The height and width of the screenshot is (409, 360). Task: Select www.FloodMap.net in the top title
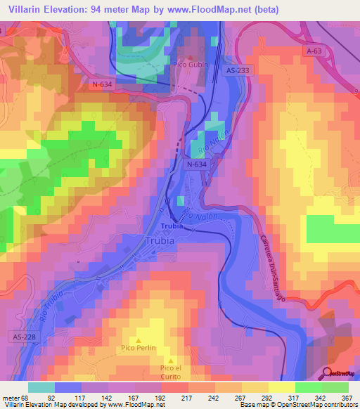[x=217, y=10]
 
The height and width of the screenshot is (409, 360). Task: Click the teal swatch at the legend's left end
[x=41, y=387]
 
